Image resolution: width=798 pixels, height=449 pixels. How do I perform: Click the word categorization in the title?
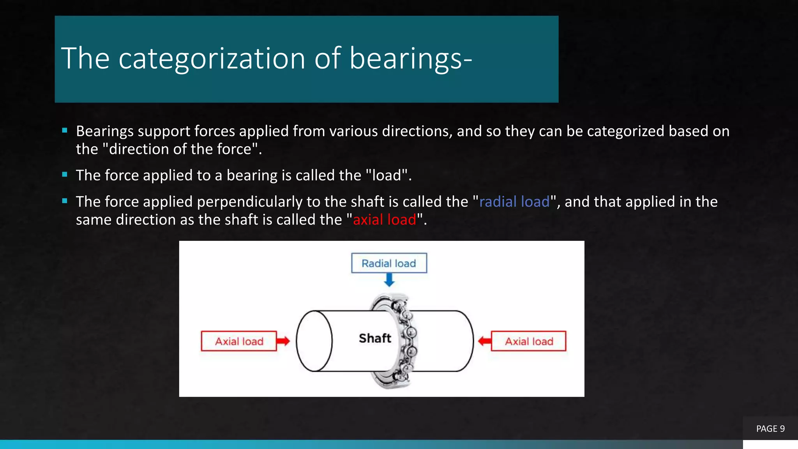pos(212,58)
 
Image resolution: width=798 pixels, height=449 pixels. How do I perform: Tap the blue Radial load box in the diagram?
pos(389,263)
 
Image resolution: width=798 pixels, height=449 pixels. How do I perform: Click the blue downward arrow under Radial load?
pos(389,279)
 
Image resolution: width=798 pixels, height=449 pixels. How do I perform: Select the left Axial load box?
pos(239,341)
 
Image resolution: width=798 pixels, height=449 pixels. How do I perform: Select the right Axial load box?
pos(529,341)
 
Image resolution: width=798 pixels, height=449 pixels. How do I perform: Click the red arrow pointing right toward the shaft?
pos(283,341)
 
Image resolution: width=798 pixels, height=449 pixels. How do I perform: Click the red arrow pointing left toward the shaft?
pos(484,341)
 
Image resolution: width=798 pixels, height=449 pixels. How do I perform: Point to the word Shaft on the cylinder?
pos(375,338)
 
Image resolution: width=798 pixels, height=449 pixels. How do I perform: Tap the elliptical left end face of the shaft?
pos(314,341)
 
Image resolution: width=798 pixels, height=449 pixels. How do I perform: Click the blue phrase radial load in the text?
pos(514,202)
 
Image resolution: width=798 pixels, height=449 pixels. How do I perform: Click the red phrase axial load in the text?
pos(384,219)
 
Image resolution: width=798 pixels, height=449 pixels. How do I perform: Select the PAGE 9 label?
pos(770,429)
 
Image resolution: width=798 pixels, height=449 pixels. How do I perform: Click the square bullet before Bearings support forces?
pos(65,131)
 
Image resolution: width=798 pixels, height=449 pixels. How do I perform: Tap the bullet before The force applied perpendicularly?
pos(65,201)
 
